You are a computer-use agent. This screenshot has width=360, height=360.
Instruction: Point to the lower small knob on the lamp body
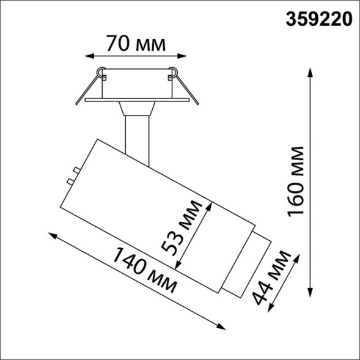[x=71, y=182]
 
